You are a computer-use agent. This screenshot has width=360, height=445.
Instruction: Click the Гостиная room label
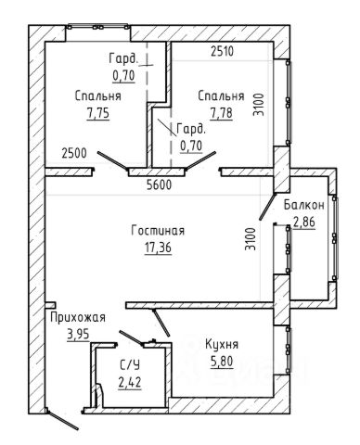pyautogui.click(x=158, y=231)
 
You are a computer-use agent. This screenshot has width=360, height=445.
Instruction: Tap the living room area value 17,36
pyautogui.click(x=158, y=248)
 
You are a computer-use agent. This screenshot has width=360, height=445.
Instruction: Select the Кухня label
pyautogui.click(x=222, y=344)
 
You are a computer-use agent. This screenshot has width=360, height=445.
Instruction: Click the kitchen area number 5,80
pyautogui.click(x=222, y=362)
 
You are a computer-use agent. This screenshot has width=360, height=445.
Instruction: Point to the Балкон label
pyautogui.click(x=304, y=205)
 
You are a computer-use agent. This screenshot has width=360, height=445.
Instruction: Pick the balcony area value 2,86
pyautogui.click(x=304, y=222)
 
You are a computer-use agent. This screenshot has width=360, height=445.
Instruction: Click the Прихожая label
pyautogui.click(x=78, y=317)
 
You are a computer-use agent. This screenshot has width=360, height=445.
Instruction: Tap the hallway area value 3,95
pyautogui.click(x=78, y=334)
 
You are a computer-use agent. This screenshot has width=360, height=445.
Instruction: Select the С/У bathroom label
pyautogui.click(x=130, y=366)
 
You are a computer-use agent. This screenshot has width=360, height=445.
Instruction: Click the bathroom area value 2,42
pyautogui.click(x=130, y=383)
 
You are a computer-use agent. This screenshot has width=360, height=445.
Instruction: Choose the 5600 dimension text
pyautogui.click(x=159, y=185)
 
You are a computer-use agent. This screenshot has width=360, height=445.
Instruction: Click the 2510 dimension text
pyautogui.click(x=223, y=51)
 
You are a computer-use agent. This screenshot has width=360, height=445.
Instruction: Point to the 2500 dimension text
pyautogui.click(x=74, y=153)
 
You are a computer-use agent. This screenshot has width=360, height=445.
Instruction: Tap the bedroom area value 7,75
pyautogui.click(x=98, y=113)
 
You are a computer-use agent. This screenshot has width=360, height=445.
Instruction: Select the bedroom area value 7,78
pyautogui.click(x=222, y=113)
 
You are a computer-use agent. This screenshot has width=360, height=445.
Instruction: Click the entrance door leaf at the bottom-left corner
pyautogui.click(x=62, y=419)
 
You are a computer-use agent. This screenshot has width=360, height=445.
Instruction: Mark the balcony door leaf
pyautogui.click(x=267, y=207)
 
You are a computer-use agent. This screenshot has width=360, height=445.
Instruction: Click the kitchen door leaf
pyautogui.click(x=161, y=323)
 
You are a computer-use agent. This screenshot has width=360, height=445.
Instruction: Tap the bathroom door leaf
pyautogui.click(x=131, y=337)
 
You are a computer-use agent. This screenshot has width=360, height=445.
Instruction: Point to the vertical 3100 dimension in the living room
pyautogui.click(x=251, y=239)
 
